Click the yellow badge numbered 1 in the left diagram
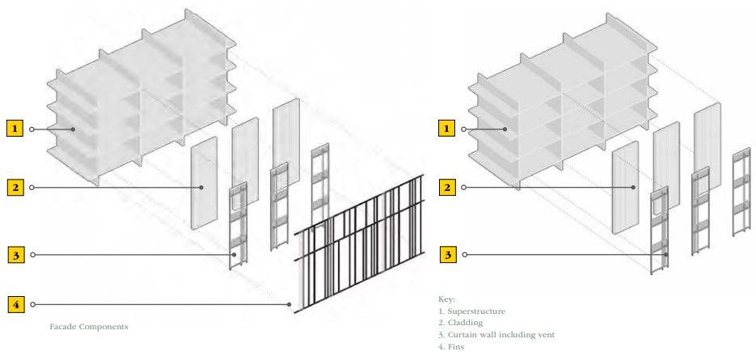[15, 129]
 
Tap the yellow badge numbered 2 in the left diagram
[15, 187]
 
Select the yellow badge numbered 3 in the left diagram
[16, 255]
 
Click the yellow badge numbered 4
[16, 304]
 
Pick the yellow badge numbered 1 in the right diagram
[446, 129]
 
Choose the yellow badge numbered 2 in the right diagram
[447, 187]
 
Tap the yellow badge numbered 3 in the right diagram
[448, 255]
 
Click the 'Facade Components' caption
[89, 327]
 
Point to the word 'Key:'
[446, 299]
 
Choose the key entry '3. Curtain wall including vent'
[496, 334]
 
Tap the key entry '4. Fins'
[451, 346]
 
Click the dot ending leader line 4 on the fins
[289, 304]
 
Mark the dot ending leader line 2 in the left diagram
[202, 187]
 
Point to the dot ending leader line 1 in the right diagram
[505, 129]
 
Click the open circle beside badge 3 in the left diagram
[32, 255]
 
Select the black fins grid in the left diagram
[359, 244]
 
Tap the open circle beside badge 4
[32, 304]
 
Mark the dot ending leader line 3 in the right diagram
[666, 255]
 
